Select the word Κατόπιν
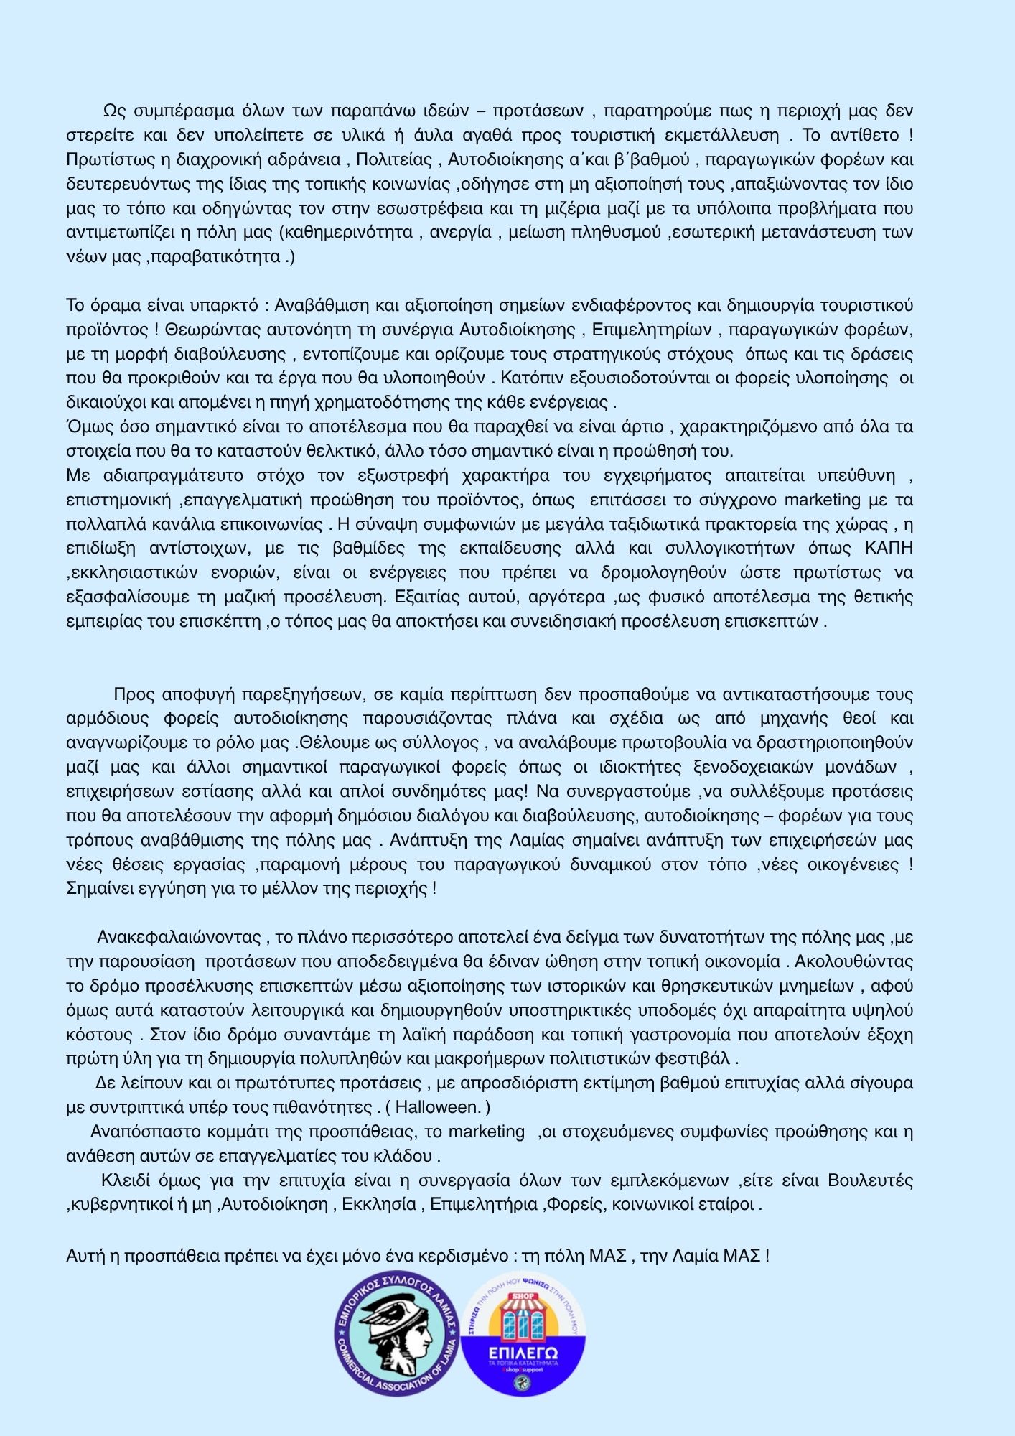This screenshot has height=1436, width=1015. (525, 378)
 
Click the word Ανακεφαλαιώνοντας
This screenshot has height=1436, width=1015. (179, 938)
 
